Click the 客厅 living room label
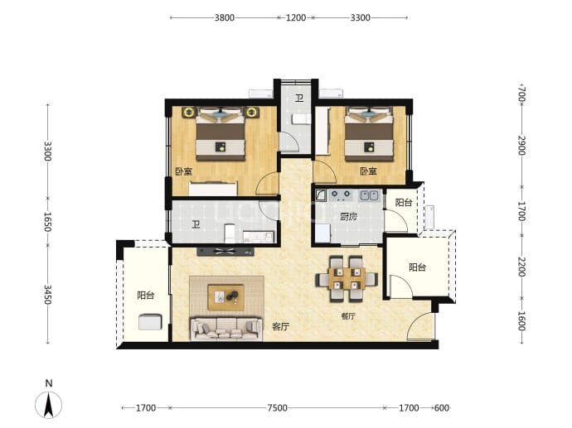tap(280, 327)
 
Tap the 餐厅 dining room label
tap(348, 316)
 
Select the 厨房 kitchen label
tap(348, 217)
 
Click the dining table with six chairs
tap(347, 279)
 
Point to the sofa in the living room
tap(226, 329)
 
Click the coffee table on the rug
tap(225, 297)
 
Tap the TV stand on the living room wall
tap(225, 251)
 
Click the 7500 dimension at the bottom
tap(277, 408)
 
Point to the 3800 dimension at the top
tap(225, 17)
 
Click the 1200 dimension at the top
tap(296, 17)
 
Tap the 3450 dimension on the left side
tap(48, 295)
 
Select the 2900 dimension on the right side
tap(522, 145)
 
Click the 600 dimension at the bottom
tap(441, 408)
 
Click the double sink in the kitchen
tap(369, 196)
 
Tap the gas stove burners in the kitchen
tap(341, 195)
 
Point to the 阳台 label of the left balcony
tap(146, 295)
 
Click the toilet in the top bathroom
tap(301, 119)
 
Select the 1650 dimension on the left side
tap(48, 222)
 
